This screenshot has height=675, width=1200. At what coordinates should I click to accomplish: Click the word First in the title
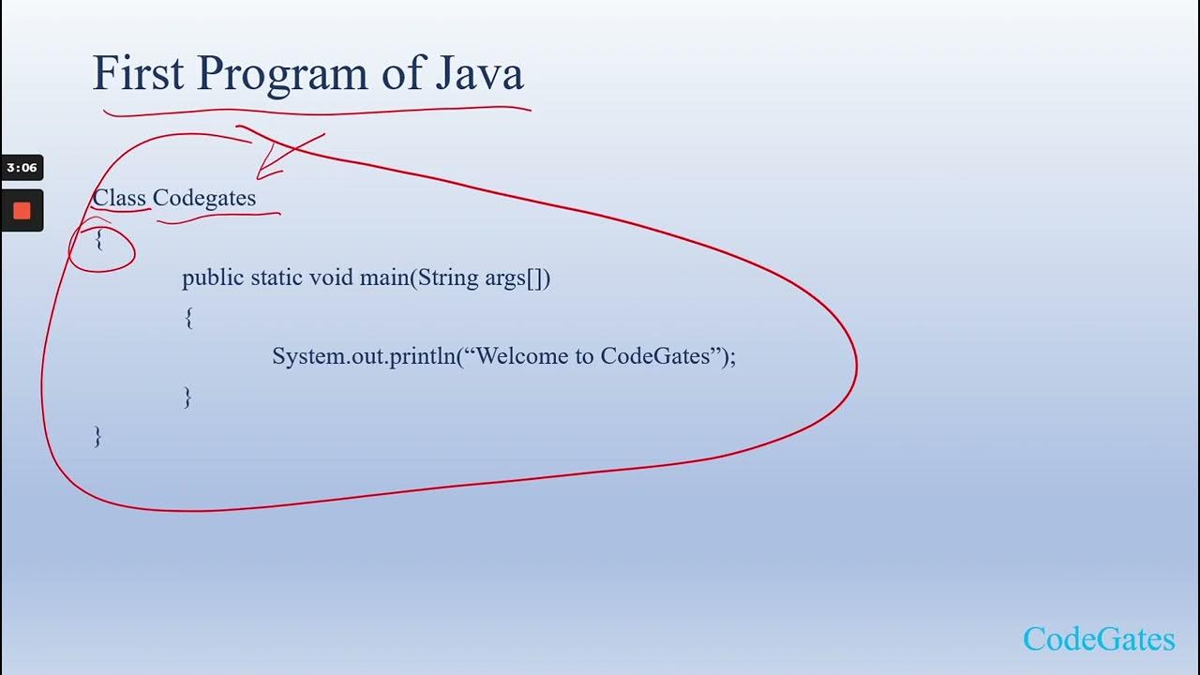(x=139, y=74)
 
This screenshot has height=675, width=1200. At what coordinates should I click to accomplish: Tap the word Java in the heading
(x=479, y=74)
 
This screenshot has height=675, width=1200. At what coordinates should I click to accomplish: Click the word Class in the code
(x=119, y=198)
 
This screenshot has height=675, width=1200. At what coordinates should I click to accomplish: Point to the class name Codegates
(x=204, y=199)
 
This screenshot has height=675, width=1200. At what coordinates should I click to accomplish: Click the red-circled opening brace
(x=99, y=240)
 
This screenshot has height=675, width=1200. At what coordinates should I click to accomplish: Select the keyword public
(x=213, y=278)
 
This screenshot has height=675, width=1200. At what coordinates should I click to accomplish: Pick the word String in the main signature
(x=448, y=278)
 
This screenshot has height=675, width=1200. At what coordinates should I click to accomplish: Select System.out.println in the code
(x=364, y=356)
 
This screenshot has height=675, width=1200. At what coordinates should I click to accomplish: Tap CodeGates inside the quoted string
(x=654, y=356)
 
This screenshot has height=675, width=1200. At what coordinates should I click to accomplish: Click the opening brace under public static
(x=188, y=318)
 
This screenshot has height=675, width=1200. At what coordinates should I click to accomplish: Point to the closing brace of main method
(x=188, y=397)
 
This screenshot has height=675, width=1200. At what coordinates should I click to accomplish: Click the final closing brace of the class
(x=97, y=436)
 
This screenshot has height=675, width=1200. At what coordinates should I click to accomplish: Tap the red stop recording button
(x=22, y=211)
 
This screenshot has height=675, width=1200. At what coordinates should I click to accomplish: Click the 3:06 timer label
(x=22, y=168)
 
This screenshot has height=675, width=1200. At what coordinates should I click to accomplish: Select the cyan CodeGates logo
(x=1098, y=639)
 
